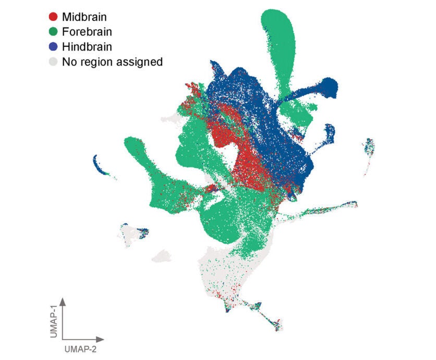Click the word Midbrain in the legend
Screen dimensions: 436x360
[84, 17]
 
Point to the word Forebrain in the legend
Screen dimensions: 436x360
[87, 32]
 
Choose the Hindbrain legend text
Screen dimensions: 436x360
[87, 47]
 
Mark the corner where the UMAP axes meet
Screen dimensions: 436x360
[63, 339]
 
